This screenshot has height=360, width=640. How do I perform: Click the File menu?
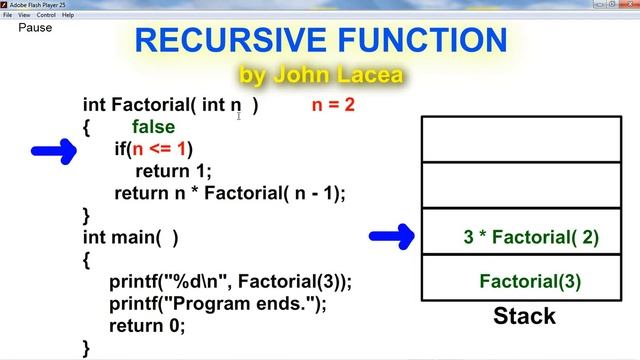8,15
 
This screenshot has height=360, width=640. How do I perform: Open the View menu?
24,15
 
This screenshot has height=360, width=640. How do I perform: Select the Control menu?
46,15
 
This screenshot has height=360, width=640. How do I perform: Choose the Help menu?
68,15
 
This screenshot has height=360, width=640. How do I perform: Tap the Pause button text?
35,27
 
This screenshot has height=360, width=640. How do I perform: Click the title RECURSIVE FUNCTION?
320,41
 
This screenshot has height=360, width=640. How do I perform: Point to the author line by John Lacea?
319,74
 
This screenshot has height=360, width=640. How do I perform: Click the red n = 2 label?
333,104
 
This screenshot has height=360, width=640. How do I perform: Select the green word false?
153,127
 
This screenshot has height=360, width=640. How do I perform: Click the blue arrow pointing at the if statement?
54,151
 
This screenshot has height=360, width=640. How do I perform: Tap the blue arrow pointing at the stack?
392,237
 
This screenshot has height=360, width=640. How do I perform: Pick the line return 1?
173,172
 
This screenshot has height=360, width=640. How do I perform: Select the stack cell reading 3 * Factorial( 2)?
530,237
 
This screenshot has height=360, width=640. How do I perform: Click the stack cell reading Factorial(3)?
530,281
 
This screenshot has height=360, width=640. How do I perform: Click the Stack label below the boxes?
524,317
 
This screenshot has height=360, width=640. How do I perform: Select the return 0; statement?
147,326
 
